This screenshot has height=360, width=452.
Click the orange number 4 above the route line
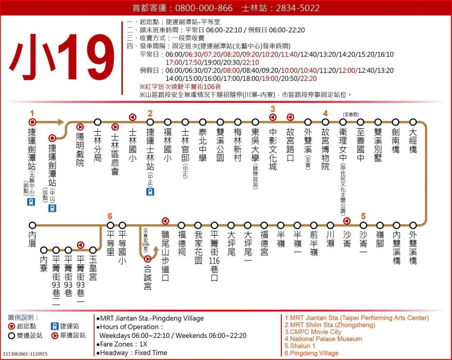(325, 112)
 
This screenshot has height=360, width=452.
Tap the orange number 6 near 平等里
(110, 216)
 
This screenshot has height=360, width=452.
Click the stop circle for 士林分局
(98, 122)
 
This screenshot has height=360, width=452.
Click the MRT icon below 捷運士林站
(150, 192)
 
